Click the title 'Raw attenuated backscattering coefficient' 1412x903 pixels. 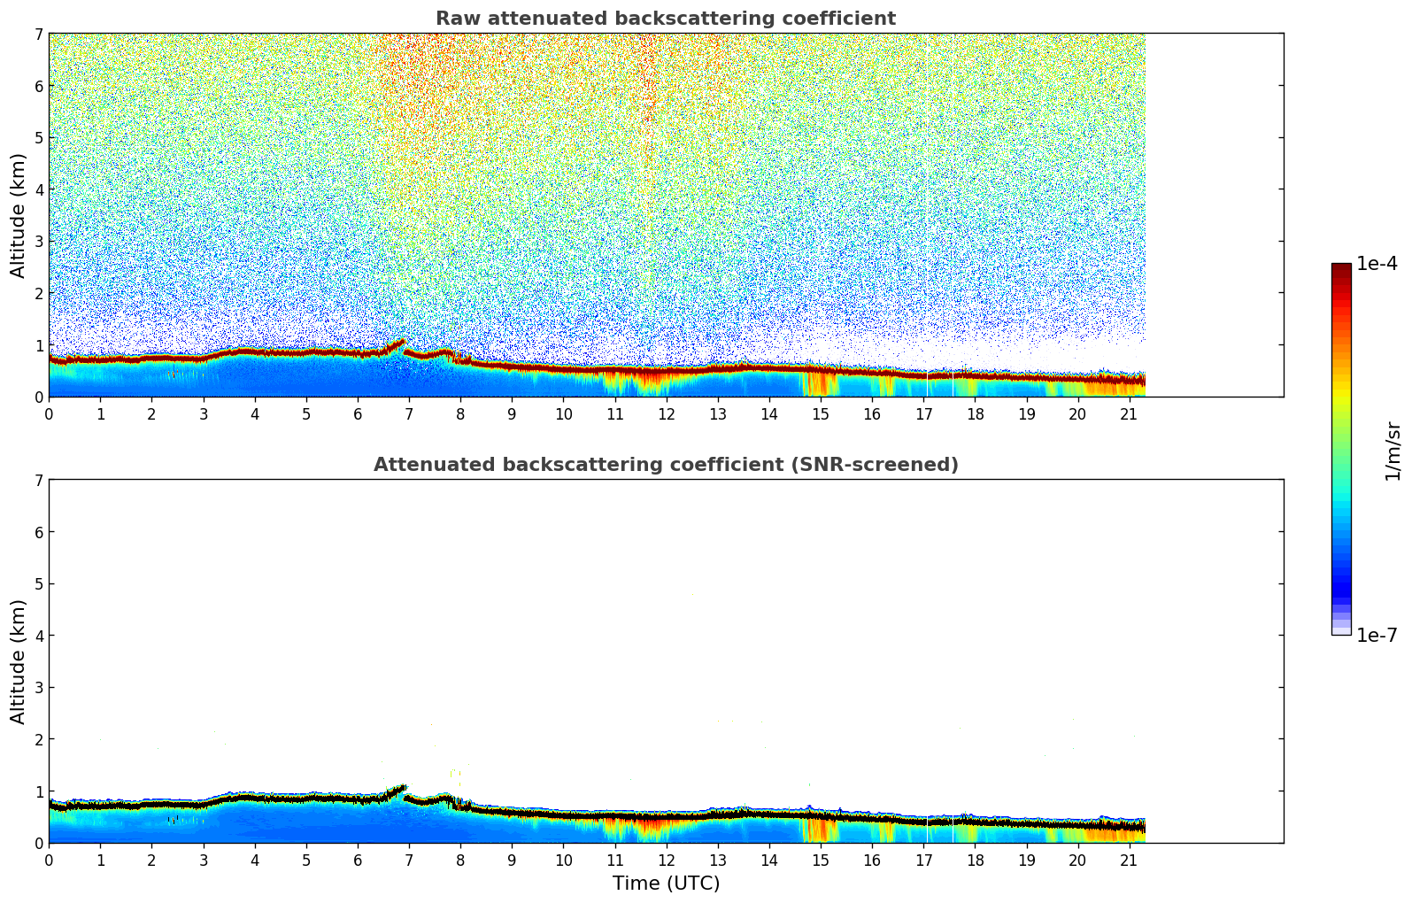[x=666, y=19]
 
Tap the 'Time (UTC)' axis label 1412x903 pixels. [x=666, y=884]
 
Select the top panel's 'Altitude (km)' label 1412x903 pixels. [x=19, y=215]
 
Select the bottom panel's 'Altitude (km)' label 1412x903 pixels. [x=19, y=661]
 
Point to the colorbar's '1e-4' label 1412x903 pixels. [x=1377, y=264]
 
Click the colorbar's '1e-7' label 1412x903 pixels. [x=1377, y=635]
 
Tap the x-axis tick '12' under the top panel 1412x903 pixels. [x=666, y=413]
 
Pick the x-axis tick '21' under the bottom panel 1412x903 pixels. [x=1129, y=860]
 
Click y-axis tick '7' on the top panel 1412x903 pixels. [x=39, y=35]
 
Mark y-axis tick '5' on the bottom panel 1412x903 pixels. [x=39, y=584]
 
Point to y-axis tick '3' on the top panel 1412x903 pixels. [x=39, y=242]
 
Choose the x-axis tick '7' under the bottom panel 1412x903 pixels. [x=409, y=860]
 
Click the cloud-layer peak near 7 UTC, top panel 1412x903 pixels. [x=403, y=341]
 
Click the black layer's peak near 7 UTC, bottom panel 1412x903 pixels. [x=403, y=787]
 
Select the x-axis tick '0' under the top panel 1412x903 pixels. [x=49, y=413]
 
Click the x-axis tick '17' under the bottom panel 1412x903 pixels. [x=923, y=860]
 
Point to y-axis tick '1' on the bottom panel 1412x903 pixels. [x=39, y=791]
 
